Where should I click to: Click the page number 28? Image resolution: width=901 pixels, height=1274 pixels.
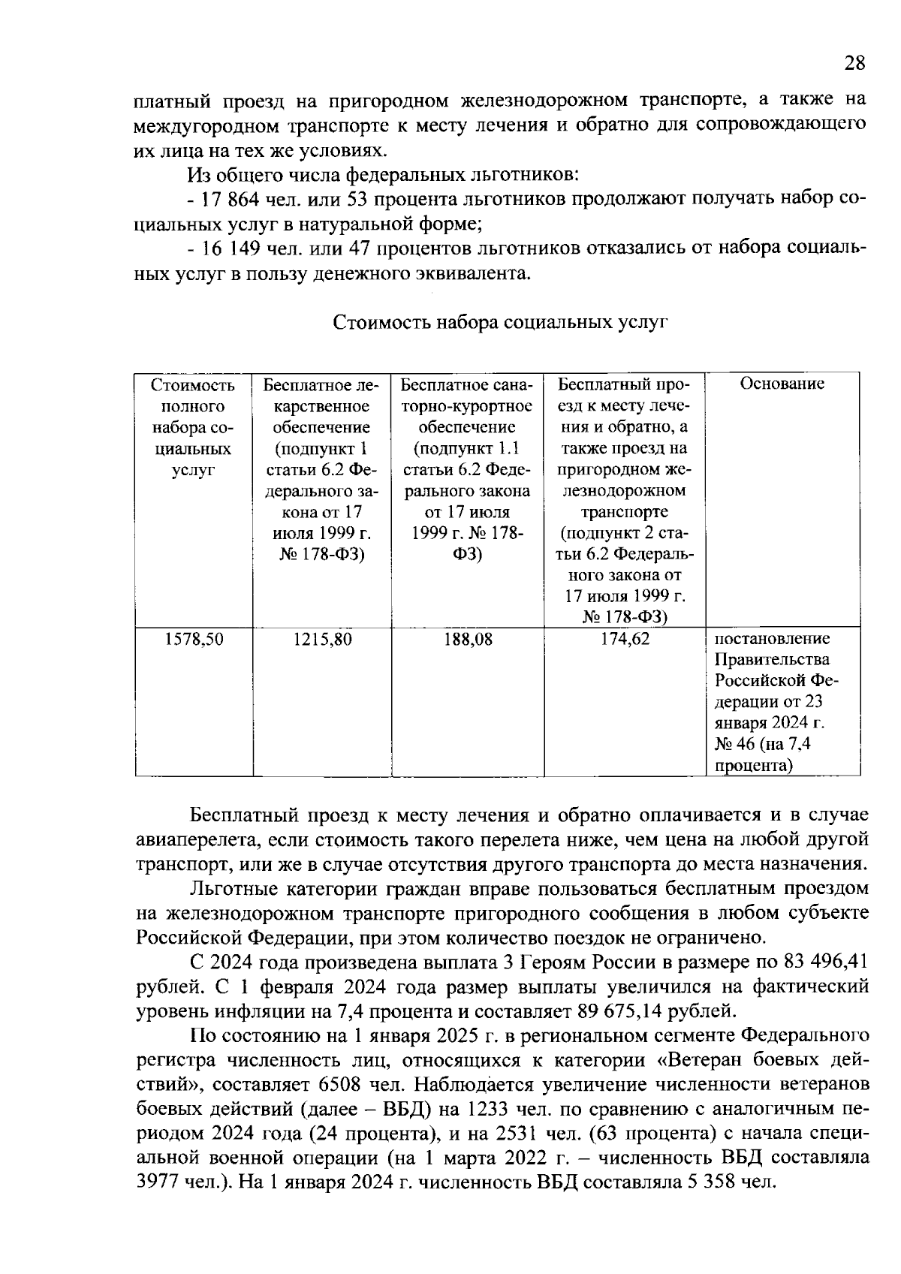coord(854,63)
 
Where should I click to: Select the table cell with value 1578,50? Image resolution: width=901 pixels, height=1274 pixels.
coord(194,640)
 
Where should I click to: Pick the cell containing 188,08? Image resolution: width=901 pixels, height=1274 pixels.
coord(467,640)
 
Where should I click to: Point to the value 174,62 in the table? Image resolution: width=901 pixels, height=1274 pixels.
coord(625,640)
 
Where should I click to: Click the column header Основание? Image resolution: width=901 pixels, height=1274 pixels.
coord(782,384)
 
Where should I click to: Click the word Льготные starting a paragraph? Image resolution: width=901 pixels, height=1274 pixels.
coord(233,889)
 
